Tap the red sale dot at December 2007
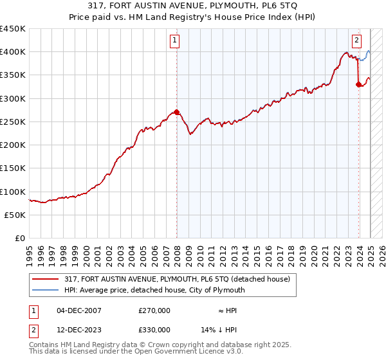[177, 112]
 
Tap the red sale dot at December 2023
[358, 84]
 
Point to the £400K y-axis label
[13, 52]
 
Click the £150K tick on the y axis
[13, 168]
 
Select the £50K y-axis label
[15, 215]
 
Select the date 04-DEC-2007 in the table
[79, 310]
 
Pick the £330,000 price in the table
[154, 330]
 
